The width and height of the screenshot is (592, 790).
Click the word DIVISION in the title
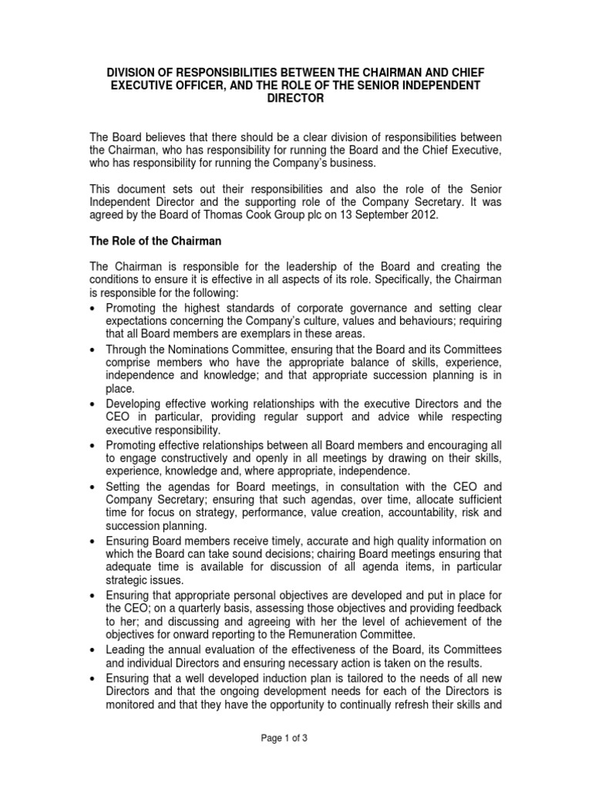tap(133, 72)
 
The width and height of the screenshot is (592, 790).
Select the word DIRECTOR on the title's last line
tap(295, 100)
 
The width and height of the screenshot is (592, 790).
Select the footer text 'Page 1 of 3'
tap(296, 738)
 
